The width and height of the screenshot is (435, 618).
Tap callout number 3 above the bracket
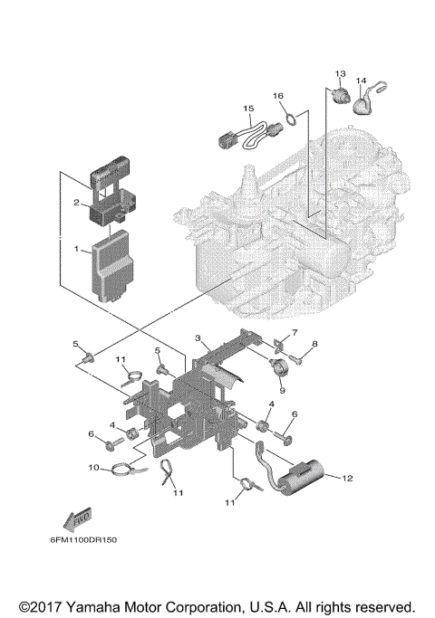point(197,338)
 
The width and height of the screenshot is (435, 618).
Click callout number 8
point(314,344)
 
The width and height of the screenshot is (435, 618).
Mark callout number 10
point(92,468)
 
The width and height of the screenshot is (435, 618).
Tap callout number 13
point(341,72)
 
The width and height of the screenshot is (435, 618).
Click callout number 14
point(362,81)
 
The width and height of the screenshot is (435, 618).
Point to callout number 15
point(246,109)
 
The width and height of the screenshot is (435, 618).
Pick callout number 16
point(278,96)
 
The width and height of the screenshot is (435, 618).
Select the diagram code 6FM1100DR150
point(77,540)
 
